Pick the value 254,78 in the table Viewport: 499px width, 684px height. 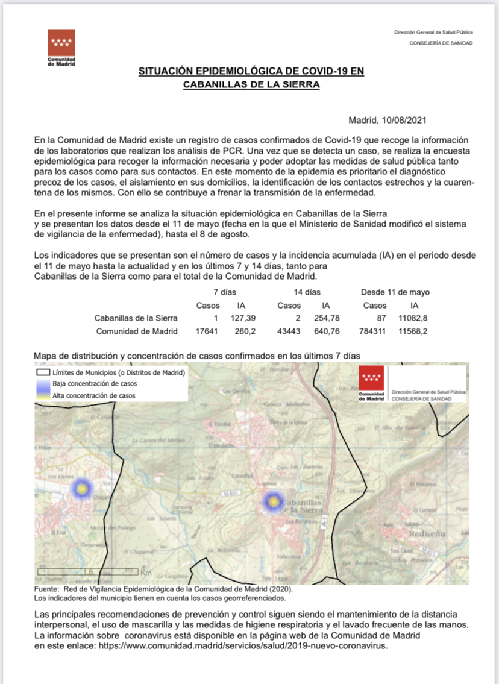point(326,318)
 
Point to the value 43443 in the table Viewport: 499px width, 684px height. point(289,331)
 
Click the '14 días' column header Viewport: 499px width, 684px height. point(307,292)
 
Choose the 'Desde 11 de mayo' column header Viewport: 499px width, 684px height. point(395,292)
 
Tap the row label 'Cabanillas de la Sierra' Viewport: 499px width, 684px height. point(136,318)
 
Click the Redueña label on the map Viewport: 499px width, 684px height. point(428,533)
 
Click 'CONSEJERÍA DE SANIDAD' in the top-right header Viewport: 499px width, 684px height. point(441,43)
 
